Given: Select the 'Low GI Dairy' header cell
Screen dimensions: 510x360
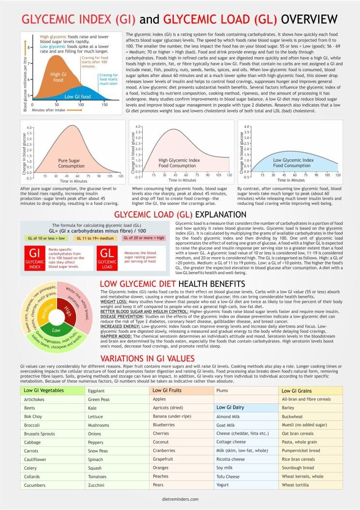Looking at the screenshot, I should click(230, 407).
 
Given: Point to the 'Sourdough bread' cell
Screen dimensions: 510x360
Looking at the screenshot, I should click(298, 468).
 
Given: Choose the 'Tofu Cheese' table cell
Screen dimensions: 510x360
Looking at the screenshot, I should click(228, 477).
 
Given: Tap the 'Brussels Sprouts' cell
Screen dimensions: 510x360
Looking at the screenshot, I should click(40, 434).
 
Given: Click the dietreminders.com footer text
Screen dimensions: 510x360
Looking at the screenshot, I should click(180, 498).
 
